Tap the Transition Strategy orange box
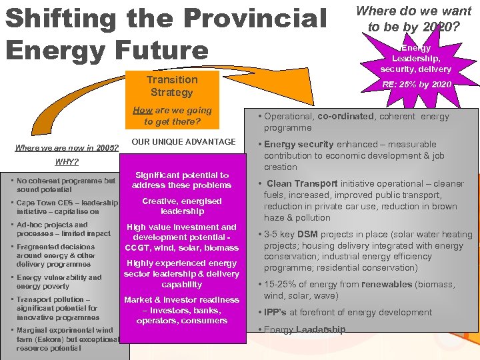[x=172, y=86]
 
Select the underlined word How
[x=142, y=111]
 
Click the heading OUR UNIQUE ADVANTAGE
[x=183, y=141]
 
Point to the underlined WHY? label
[x=67, y=162]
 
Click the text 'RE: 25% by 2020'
[x=416, y=85]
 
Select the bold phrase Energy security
[x=299, y=144]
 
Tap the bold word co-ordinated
[x=345, y=116]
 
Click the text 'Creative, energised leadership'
[x=181, y=206]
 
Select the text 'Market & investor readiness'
[x=181, y=300]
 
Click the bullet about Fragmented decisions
[x=57, y=255]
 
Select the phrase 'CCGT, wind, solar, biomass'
[x=181, y=248]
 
